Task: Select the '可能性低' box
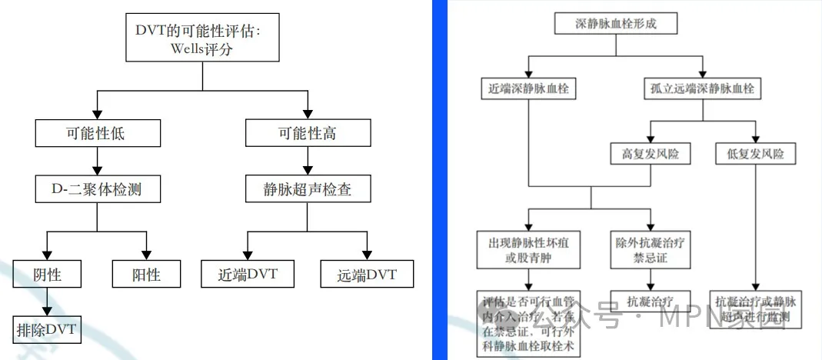[97, 134]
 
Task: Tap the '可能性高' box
[307, 134]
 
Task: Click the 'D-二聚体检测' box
[97, 188]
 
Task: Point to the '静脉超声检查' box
[307, 188]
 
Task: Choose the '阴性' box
[48, 274]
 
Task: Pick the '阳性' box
[145, 274]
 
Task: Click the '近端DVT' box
[247, 274]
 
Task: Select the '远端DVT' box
[366, 274]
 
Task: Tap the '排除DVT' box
[48, 330]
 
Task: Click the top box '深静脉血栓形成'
[616, 24]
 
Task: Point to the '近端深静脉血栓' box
[527, 88]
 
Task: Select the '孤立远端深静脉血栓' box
[702, 88]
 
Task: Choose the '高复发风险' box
[651, 153]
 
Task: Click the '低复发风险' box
[755, 153]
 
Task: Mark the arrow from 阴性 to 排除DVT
[48, 302]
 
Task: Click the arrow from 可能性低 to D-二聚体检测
[97, 161]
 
